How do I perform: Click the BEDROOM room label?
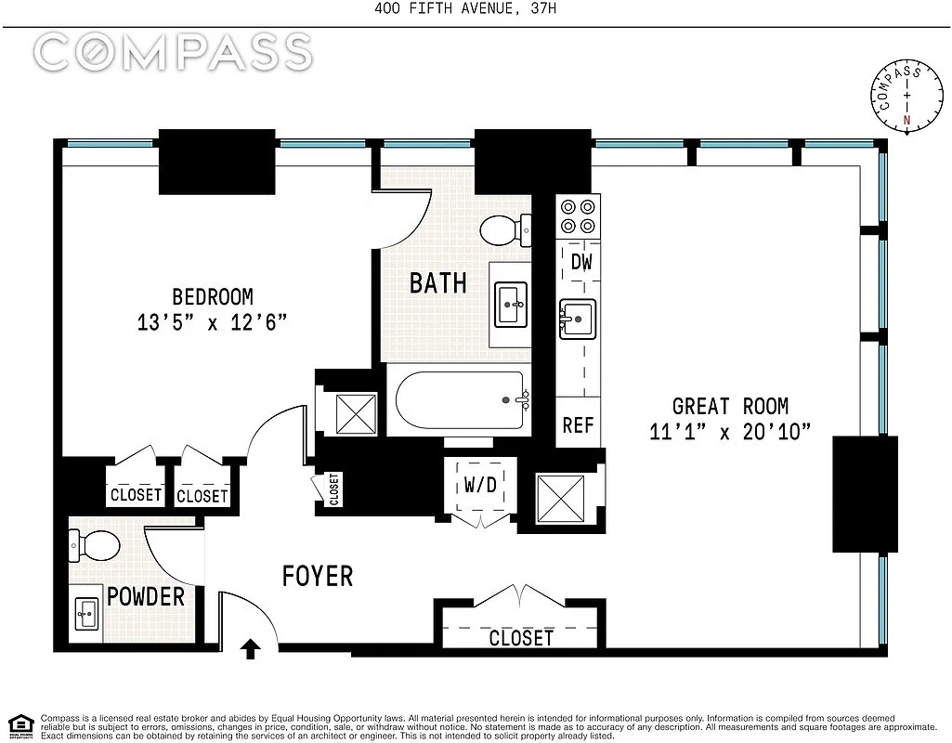coord(213,297)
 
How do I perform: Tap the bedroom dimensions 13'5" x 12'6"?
coord(212,322)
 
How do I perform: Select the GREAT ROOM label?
coord(730,406)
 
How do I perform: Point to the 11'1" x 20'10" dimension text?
coord(730,432)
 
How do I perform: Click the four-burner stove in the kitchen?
coord(578,216)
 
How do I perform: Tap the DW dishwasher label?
coord(581,262)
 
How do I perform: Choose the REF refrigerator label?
coord(578,425)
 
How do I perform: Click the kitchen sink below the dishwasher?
coord(578,319)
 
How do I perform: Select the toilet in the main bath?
coord(506,230)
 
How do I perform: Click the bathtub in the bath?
coord(460,400)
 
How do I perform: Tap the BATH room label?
coord(438,283)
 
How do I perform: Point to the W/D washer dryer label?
coord(480,485)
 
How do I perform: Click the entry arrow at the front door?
coord(251,648)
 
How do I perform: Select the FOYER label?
coord(318,576)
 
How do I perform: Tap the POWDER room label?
coord(146,596)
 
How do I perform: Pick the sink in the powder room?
coord(86,614)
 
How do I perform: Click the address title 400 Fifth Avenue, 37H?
coord(465,8)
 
